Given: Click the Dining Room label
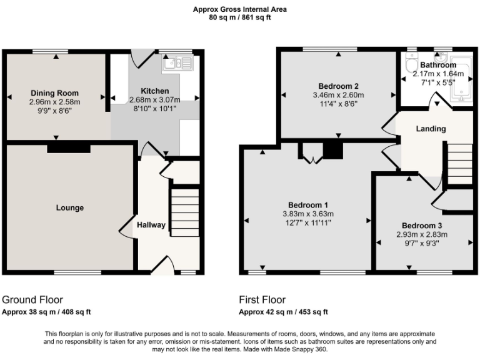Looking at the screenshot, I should [55, 92].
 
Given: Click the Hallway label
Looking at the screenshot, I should [151, 225].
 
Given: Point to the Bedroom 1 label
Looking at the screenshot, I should [308, 205].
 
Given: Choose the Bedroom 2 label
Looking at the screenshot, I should [338, 86].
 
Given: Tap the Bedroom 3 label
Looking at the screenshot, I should [422, 226].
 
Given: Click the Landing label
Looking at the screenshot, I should [431, 129].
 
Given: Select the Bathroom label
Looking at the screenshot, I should [437, 65].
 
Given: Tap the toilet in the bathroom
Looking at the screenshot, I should [411, 65].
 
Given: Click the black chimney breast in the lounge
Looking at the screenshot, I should [68, 149].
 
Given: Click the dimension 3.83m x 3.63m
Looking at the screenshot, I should [308, 214].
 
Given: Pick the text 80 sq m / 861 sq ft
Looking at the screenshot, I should [240, 17].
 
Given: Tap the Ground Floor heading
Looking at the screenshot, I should [32, 300].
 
